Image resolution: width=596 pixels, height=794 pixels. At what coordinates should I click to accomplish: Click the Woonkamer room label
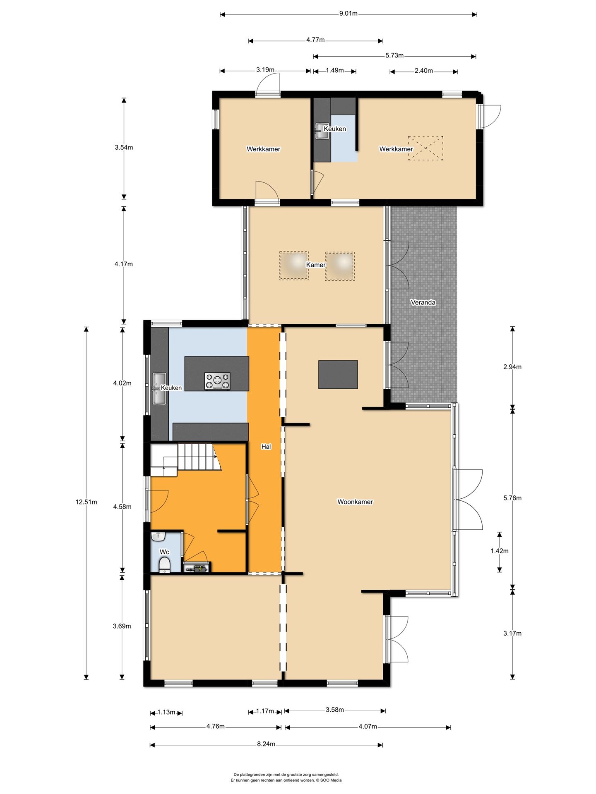tap(355, 502)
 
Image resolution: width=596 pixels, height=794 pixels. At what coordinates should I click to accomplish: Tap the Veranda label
tap(423, 302)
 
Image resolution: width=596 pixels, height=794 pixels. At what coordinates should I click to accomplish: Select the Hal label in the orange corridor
tap(266, 447)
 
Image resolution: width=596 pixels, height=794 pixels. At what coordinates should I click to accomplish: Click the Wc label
tap(164, 552)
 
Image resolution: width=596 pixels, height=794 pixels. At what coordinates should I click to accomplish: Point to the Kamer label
tap(316, 265)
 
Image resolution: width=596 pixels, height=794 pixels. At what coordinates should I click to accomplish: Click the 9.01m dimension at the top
tap(348, 13)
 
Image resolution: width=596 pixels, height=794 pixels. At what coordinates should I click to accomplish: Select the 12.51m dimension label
tap(86, 502)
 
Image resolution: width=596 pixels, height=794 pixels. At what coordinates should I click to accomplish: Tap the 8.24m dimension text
tap(266, 744)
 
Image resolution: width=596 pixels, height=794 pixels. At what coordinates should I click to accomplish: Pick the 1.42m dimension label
tap(500, 551)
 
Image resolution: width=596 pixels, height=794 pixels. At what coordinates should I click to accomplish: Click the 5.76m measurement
tap(512, 498)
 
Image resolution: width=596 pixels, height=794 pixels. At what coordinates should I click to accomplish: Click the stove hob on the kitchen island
tap(217, 381)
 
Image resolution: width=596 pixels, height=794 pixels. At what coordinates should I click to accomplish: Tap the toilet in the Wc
tap(164, 565)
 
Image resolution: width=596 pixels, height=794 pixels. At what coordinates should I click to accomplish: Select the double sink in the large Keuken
tap(159, 389)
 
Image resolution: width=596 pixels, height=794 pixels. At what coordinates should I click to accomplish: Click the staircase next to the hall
tap(185, 459)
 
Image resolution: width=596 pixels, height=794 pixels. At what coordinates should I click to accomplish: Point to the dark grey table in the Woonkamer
tap(338, 375)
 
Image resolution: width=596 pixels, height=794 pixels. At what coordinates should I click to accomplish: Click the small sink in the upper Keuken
tap(322, 131)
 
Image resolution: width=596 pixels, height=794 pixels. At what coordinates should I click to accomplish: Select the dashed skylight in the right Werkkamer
tap(425, 148)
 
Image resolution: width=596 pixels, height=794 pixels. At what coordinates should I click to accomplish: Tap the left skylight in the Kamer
tap(294, 266)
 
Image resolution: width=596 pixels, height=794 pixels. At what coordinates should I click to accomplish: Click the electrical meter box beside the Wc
tap(196, 568)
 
